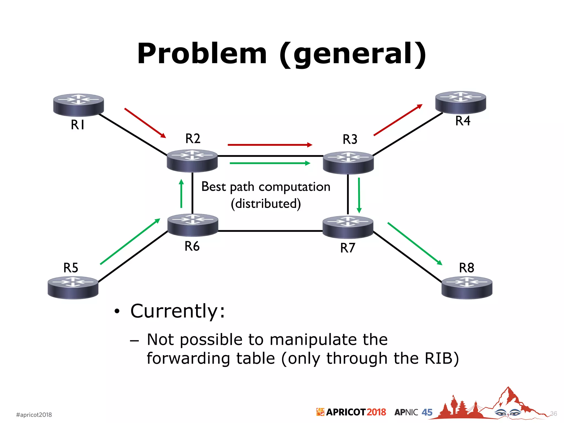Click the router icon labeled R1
(78, 105)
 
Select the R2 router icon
(192, 161)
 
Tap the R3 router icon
(348, 162)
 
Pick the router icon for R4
(460, 102)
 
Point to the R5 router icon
(73, 288)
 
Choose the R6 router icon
(193, 225)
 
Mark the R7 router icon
(348, 227)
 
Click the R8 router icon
(467, 288)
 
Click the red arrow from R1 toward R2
(145, 123)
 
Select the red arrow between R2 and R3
(270, 145)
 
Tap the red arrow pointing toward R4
(398, 120)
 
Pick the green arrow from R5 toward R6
(130, 242)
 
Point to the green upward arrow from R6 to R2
(181, 194)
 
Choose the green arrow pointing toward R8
(415, 244)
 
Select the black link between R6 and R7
(270, 231)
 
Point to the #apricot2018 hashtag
(34, 415)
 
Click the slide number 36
(554, 414)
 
